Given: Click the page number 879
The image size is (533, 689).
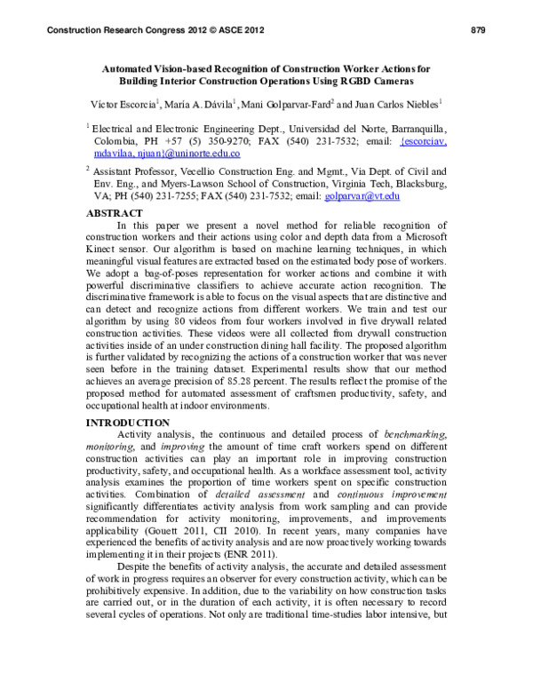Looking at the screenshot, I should (476, 31).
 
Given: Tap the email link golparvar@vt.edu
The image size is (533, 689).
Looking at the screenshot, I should (366, 195).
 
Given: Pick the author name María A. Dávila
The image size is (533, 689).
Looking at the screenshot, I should (195, 103).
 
